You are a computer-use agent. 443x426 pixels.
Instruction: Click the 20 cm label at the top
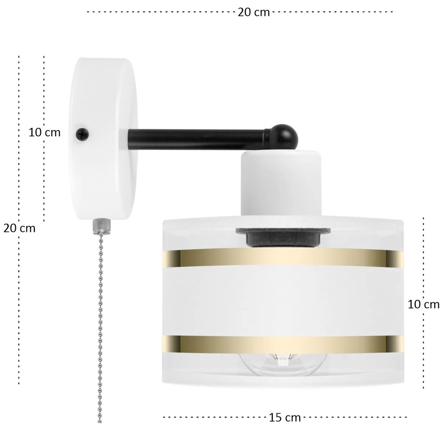(254, 12)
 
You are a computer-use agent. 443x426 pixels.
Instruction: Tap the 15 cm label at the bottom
(284, 417)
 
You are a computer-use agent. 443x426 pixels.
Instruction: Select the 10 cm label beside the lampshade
(423, 304)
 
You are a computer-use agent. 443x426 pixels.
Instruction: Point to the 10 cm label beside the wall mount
(44, 132)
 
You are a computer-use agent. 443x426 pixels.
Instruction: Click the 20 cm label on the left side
(19, 228)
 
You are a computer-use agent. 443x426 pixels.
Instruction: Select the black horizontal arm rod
(197, 139)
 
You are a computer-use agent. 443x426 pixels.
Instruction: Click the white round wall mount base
(102, 139)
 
